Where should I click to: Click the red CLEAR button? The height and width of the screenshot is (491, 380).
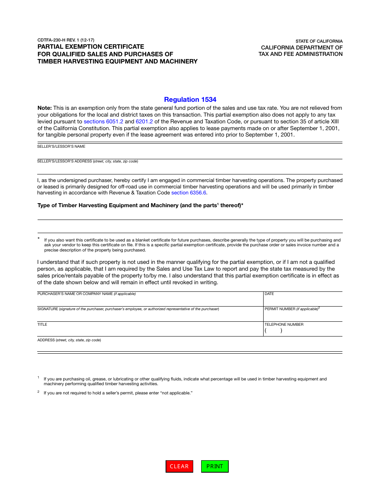[179, 466]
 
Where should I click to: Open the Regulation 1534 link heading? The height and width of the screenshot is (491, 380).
[190, 99]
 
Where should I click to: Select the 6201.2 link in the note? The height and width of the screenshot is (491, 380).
[144, 121]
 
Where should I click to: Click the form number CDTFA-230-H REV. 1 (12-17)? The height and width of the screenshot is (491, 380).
[66, 40]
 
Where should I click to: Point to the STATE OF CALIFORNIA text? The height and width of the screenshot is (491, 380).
[319, 41]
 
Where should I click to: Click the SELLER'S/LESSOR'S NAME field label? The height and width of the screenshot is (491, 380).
[61, 147]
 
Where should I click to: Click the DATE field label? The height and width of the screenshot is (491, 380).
[269, 294]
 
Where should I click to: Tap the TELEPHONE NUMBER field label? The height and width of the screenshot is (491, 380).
[284, 325]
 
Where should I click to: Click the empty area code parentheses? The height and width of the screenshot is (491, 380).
[273, 331]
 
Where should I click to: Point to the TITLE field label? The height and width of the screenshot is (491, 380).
[42, 325]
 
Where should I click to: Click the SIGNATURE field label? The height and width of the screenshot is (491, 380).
[48, 309]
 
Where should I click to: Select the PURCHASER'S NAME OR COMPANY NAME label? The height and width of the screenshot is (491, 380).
[75, 294]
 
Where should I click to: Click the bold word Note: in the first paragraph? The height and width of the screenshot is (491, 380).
[44, 108]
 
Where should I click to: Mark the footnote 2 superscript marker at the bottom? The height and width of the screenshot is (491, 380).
[38, 392]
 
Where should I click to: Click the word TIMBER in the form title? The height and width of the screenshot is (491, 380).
[48, 61]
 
